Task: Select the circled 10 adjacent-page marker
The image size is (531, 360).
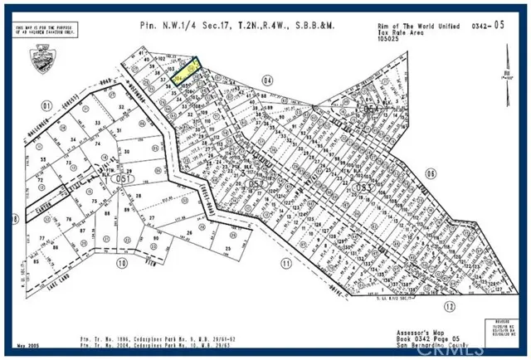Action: (x=122, y=264)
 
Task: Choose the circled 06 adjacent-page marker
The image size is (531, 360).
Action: (x=430, y=173)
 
